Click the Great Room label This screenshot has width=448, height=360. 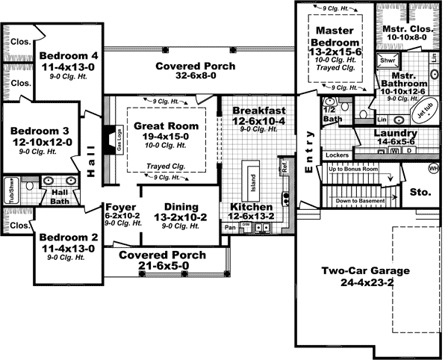pyautogui.click(x=167, y=126)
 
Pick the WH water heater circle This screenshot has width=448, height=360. pyautogui.click(x=433, y=168)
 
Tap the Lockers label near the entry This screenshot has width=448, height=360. pyautogui.click(x=337, y=155)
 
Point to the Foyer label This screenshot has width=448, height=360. pyautogui.click(x=119, y=207)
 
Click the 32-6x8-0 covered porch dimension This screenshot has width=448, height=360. pyautogui.click(x=195, y=78)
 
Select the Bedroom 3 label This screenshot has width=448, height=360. pyautogui.click(x=41, y=128)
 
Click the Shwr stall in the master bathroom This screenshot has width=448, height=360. pyautogui.click(x=387, y=59)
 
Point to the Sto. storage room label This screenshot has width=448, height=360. pyautogui.click(x=420, y=192)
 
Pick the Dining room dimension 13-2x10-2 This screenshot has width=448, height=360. pyautogui.click(x=176, y=220)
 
